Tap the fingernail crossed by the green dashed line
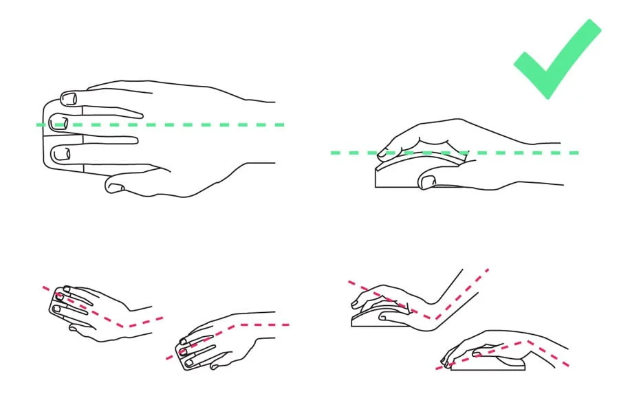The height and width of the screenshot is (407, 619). point(60,124)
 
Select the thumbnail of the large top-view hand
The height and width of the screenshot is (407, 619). point(114,186)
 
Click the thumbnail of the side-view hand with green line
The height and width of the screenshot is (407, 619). point(428,181)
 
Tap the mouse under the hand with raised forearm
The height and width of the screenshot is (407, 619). point(382,319)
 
